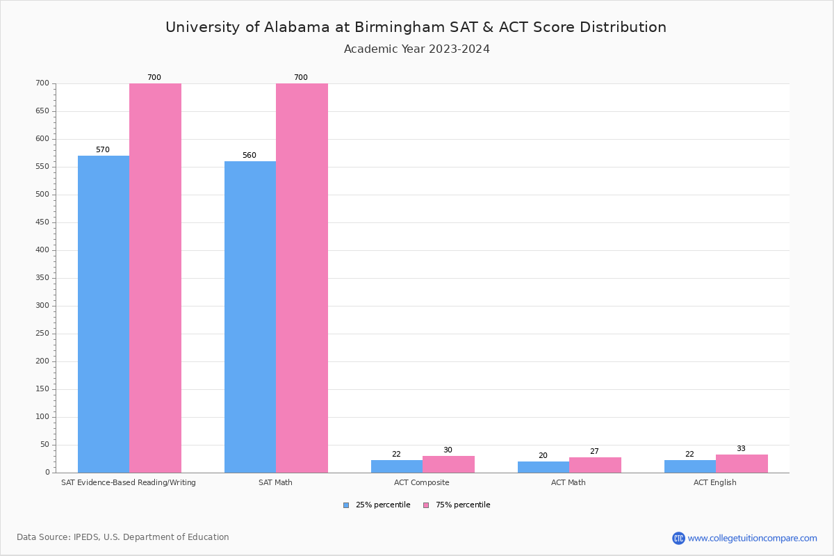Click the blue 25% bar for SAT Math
click(250, 317)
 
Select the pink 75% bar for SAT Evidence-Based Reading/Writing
click(155, 278)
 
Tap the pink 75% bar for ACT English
click(742, 464)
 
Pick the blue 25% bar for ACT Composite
click(397, 466)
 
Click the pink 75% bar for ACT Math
click(595, 465)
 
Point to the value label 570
click(103, 150)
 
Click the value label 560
click(250, 156)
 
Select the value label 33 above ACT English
click(741, 449)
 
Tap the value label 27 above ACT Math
click(594, 452)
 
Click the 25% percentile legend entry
click(377, 505)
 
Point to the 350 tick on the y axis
click(42, 278)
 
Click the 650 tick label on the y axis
click(42, 111)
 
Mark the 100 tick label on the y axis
click(42, 417)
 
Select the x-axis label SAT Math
click(275, 482)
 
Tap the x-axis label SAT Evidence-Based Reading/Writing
click(129, 482)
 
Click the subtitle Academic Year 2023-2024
click(417, 49)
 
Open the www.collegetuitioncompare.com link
click(752, 538)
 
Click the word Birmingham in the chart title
click(395, 27)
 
